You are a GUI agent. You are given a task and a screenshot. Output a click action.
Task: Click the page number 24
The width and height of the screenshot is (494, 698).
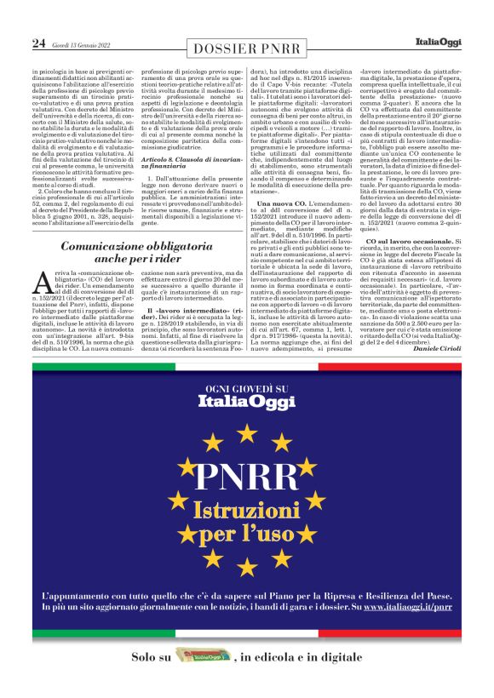39,43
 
